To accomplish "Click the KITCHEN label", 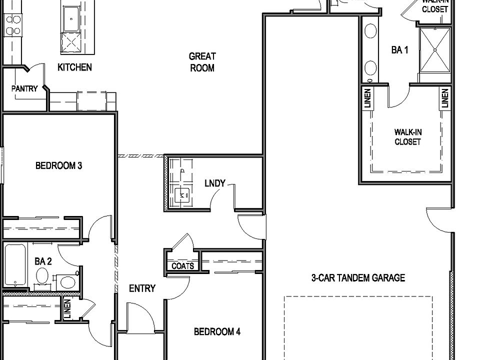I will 74,67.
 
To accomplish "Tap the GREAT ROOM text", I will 202,62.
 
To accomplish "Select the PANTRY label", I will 24,88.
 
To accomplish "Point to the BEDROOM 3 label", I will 58,165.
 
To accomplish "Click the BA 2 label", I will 43,261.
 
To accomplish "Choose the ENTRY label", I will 142,288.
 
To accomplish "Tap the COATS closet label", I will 182,266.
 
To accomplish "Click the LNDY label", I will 215,183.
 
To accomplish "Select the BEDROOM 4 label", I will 217,331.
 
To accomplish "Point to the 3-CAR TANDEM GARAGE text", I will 358,278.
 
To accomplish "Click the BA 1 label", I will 400,50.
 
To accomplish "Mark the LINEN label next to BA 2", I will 67,308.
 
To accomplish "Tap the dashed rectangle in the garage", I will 358,325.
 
